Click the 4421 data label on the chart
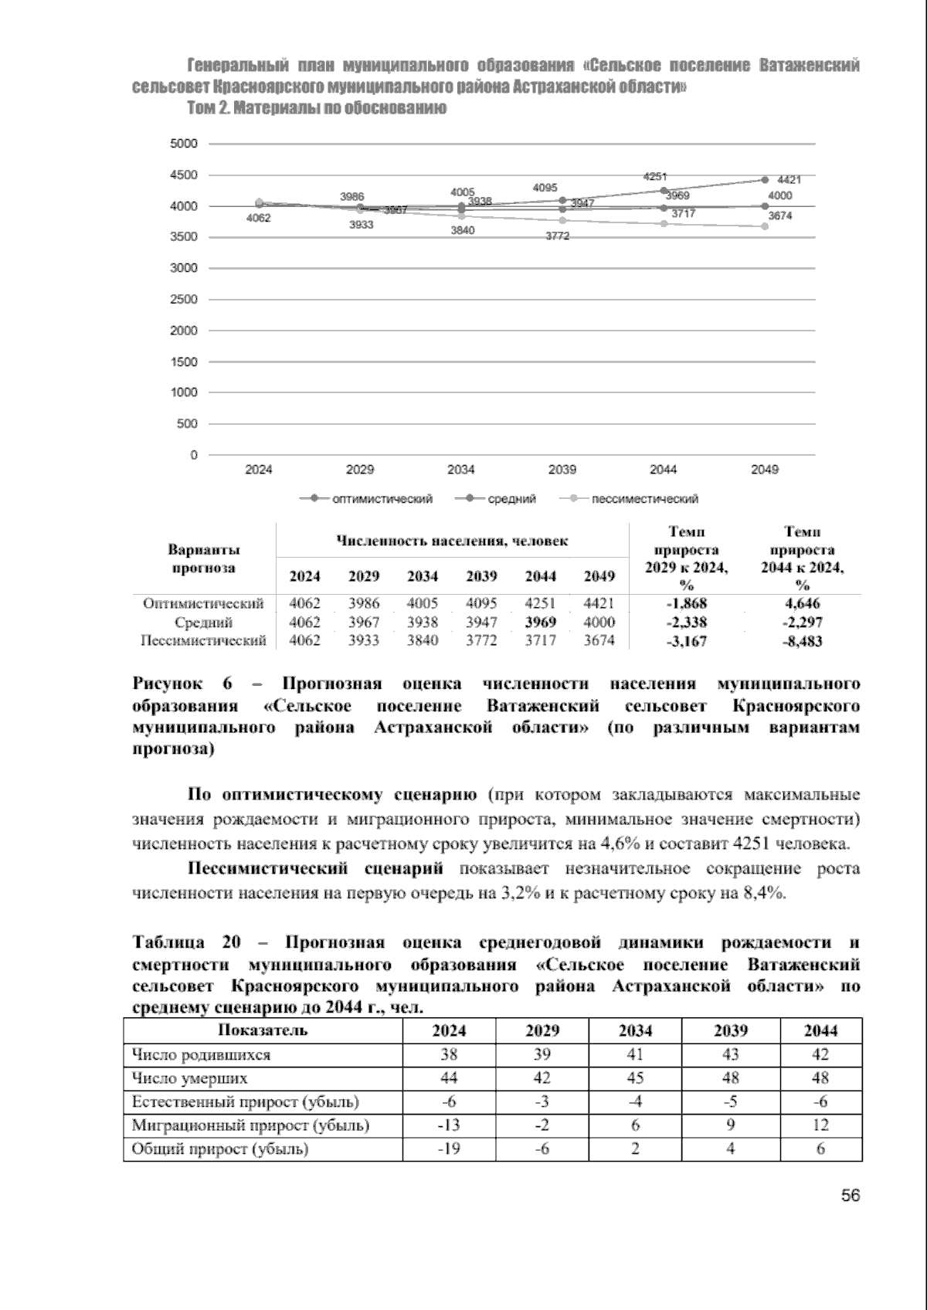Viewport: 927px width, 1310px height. [789, 179]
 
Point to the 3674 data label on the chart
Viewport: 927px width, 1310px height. [779, 216]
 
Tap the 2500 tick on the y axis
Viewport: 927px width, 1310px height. [184, 300]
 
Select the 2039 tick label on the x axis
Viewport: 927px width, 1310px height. [562, 470]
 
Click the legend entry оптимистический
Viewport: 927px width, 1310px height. [382, 499]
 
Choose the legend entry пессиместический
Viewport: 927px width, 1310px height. [644, 499]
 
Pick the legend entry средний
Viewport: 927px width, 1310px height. [511, 499]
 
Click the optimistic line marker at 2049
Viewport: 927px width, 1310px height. [765, 180]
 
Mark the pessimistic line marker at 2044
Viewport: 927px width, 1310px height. [664, 223]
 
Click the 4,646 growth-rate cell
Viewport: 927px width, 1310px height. [802, 604]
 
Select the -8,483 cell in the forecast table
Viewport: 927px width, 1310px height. [802, 641]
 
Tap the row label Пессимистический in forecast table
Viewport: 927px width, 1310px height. [203, 640]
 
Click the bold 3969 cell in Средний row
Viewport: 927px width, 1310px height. [541, 623]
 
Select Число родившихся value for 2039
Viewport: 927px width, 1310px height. [730, 1054]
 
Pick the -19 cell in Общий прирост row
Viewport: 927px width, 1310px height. [449, 1149]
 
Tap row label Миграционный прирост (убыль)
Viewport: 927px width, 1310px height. [250, 1125]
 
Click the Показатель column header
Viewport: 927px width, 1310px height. [263, 1030]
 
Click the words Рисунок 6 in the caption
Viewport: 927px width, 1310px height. [182, 684]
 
